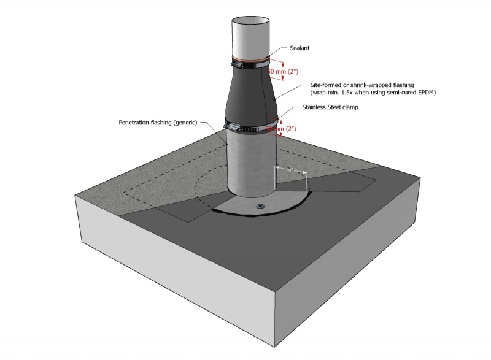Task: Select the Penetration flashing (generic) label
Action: tap(157, 123)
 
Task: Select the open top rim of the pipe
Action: tap(250, 20)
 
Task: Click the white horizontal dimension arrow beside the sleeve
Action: tap(290, 168)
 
